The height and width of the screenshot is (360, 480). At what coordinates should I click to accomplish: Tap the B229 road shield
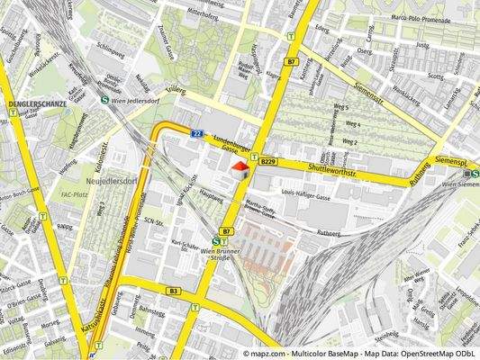pyautogui.click(x=268, y=162)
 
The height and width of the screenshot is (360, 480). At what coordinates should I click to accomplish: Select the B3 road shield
pyautogui.click(x=173, y=291)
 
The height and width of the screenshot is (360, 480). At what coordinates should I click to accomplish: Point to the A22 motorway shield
pyautogui.click(x=196, y=134)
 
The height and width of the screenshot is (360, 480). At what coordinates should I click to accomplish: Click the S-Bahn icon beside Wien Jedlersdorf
pyautogui.click(x=105, y=100)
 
